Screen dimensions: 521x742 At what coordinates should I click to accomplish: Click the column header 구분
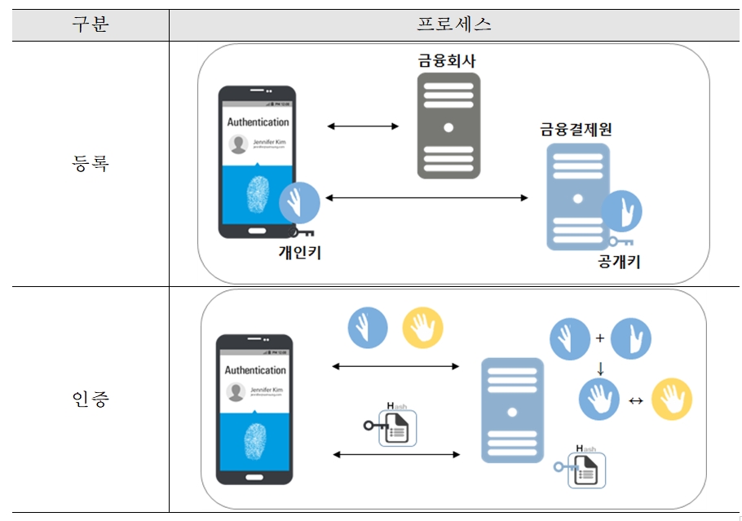(90, 24)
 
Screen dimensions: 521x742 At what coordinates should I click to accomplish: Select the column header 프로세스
(454, 24)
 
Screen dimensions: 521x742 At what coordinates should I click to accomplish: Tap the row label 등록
(90, 163)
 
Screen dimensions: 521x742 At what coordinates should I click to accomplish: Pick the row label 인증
(90, 400)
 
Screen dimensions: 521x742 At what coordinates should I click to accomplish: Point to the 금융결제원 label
(576, 130)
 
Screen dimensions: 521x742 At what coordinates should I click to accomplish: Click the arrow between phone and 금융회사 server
(363, 126)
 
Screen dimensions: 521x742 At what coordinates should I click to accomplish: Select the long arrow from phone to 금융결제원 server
(426, 197)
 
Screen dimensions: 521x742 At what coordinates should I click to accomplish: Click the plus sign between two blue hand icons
(599, 337)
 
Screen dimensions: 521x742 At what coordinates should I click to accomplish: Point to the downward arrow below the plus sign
(601, 368)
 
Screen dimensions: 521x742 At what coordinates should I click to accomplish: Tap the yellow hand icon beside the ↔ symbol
(673, 400)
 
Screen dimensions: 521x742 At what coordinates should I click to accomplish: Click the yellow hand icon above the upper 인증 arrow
(423, 329)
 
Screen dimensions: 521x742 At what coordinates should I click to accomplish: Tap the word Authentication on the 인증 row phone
(256, 369)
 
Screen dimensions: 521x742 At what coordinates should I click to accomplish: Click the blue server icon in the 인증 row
(512, 410)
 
